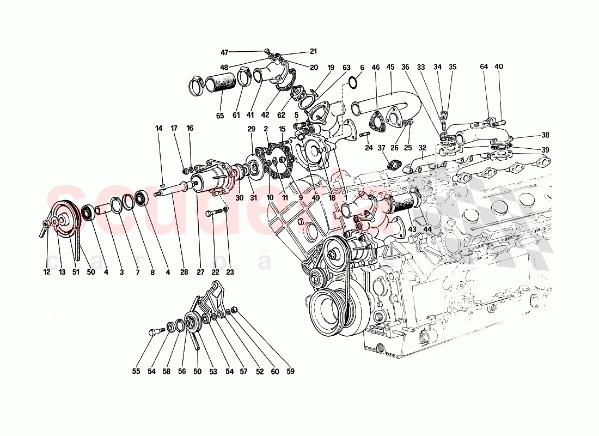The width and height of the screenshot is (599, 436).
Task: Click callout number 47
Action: click(224, 52)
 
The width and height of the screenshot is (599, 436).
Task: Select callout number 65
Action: click(220, 116)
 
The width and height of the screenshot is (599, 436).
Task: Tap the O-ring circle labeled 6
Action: click(352, 82)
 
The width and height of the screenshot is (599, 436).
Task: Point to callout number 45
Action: click(390, 67)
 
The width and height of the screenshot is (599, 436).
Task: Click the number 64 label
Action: click(484, 67)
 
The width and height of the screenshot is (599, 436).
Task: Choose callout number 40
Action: click(499, 67)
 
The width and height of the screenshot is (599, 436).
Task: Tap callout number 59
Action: click(291, 372)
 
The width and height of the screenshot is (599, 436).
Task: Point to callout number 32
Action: click(422, 148)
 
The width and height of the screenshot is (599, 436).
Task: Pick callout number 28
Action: click(184, 271)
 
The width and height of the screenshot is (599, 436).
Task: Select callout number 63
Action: click(346, 67)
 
